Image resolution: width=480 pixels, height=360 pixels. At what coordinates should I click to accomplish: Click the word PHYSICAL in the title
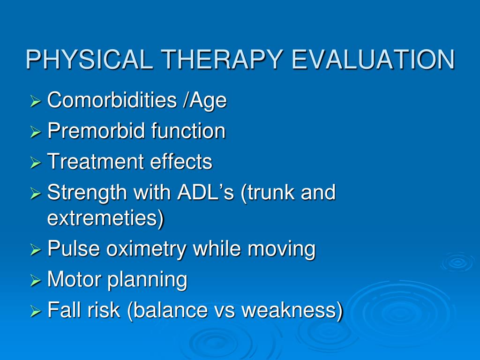coord(90,60)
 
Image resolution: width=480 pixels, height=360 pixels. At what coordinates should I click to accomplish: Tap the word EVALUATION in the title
coord(373,60)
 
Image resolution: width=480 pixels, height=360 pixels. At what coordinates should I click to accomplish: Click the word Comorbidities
coord(112,100)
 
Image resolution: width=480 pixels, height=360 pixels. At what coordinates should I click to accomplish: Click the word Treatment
coord(96,161)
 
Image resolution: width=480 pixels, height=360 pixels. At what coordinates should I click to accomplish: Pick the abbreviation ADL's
coord(206,192)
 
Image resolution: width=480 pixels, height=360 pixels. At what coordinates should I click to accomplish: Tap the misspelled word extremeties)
coord(106,218)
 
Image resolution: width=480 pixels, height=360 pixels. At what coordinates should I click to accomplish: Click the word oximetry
coord(146,249)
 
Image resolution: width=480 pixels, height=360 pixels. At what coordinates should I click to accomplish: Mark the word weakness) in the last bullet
coord(292,310)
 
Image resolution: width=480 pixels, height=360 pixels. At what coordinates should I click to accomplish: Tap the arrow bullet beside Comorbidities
coord(36,101)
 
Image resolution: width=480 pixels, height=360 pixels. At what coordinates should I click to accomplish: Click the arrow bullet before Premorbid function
coord(36,132)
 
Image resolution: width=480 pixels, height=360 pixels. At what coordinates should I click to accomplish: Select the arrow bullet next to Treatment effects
coord(36,163)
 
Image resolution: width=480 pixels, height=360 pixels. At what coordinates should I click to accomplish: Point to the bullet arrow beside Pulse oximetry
coord(36,250)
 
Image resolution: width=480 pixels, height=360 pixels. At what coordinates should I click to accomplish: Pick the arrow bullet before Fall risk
coord(36,311)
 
